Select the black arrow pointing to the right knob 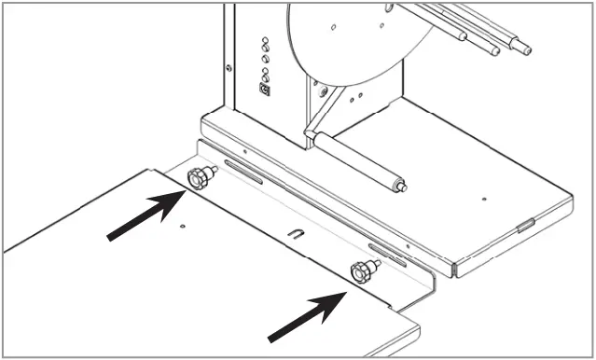pyautogui.click(x=306, y=313)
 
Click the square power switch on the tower pyautogui.click(x=264, y=90)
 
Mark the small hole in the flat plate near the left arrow pyautogui.click(x=185, y=225)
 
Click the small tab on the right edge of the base pyautogui.click(x=525, y=224)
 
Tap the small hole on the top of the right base pyautogui.click(x=484, y=198)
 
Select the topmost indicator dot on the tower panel pyautogui.click(x=266, y=41)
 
